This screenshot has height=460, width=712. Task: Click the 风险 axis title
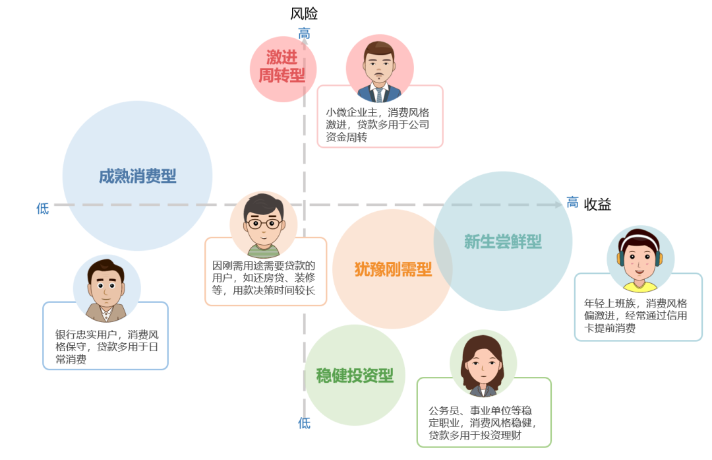tap(304, 14)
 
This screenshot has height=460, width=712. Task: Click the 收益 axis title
tap(597, 205)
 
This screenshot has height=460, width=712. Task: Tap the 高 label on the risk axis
tap(304, 33)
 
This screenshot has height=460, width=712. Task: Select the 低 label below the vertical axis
tap(304, 423)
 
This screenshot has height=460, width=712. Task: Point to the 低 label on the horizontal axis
tap(43, 209)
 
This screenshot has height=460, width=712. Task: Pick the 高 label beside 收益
tap(572, 202)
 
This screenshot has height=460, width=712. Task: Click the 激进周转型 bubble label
tap(282, 67)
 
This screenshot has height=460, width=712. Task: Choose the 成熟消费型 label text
tap(138, 176)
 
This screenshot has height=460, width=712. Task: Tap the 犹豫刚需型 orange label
tap(393, 269)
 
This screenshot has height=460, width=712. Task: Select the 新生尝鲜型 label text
tap(502, 242)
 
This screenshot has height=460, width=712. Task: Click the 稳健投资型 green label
tap(355, 376)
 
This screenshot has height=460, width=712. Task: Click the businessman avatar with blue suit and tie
tap(380, 69)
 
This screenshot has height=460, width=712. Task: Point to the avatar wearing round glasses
tap(263, 225)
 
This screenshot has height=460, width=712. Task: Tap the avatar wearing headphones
tap(640, 259)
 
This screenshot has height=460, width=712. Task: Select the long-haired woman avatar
tap(483, 364)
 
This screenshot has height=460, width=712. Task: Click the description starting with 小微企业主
tap(377, 125)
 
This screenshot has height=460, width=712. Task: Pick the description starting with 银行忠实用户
tap(107, 347)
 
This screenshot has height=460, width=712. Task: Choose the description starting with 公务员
tap(482, 423)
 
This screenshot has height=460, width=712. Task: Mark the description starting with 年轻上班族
tap(636, 315)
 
